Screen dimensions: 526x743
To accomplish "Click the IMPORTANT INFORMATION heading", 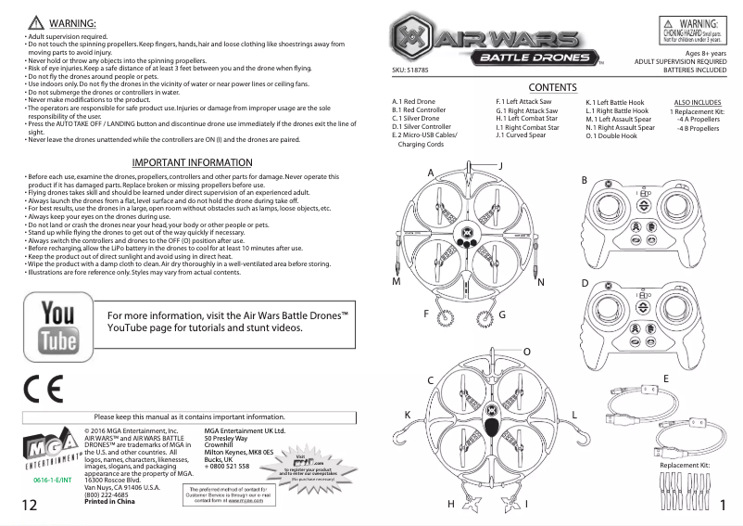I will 192,163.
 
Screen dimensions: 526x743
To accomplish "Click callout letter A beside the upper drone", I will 431,173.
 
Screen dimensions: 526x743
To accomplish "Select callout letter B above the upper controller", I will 585,179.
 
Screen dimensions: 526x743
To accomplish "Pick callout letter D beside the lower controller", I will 585,282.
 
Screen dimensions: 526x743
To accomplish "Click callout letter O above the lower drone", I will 527,352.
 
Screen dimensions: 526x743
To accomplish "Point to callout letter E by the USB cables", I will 665,378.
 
